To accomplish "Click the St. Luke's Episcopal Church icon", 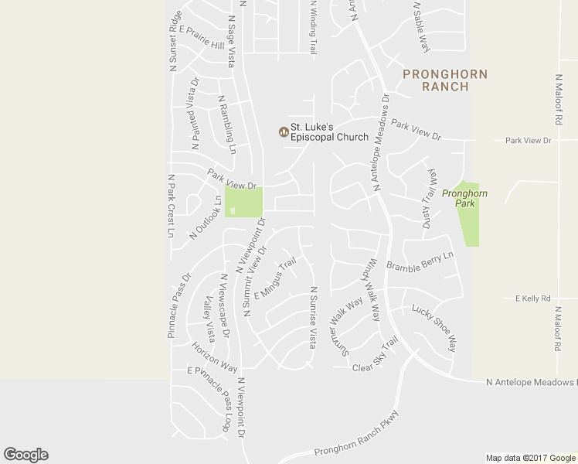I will [284, 131].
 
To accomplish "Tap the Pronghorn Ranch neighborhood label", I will [445, 80].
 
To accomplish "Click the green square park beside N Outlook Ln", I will [243, 202].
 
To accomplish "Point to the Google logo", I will [25, 455].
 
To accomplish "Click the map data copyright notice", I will [532, 457].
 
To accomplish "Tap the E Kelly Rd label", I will [532, 298].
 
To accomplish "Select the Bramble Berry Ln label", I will [419, 261].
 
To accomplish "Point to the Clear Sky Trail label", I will [376, 355].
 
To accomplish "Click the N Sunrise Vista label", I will [313, 317].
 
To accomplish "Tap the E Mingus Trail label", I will [275, 279].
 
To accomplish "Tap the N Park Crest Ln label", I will [172, 205].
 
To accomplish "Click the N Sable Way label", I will [421, 26].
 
